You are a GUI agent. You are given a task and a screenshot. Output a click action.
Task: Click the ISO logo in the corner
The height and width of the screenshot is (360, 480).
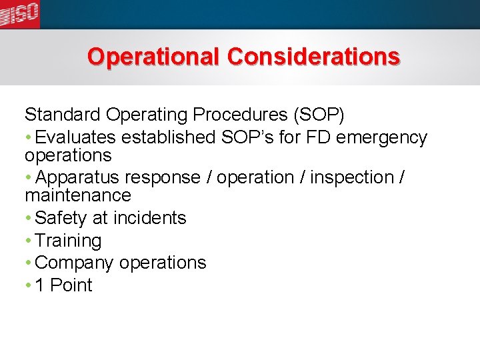(19, 13)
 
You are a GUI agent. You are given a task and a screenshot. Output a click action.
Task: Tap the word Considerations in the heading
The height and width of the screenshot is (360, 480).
(313, 57)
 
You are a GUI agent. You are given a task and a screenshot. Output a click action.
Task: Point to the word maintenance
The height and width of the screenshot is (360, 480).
(78, 195)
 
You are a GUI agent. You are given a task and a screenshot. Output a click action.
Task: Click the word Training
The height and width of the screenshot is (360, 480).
(68, 241)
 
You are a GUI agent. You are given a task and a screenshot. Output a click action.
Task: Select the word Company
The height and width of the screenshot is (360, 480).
(74, 263)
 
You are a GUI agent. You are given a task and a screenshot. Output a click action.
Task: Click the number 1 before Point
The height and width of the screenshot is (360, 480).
(40, 285)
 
